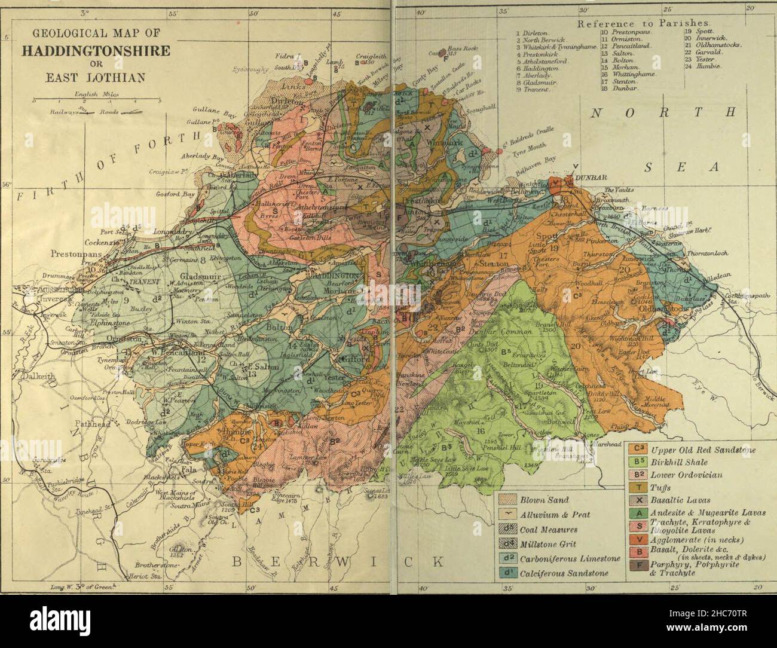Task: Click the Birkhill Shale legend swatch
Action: click(x=638, y=462)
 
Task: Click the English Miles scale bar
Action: click(x=96, y=102)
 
